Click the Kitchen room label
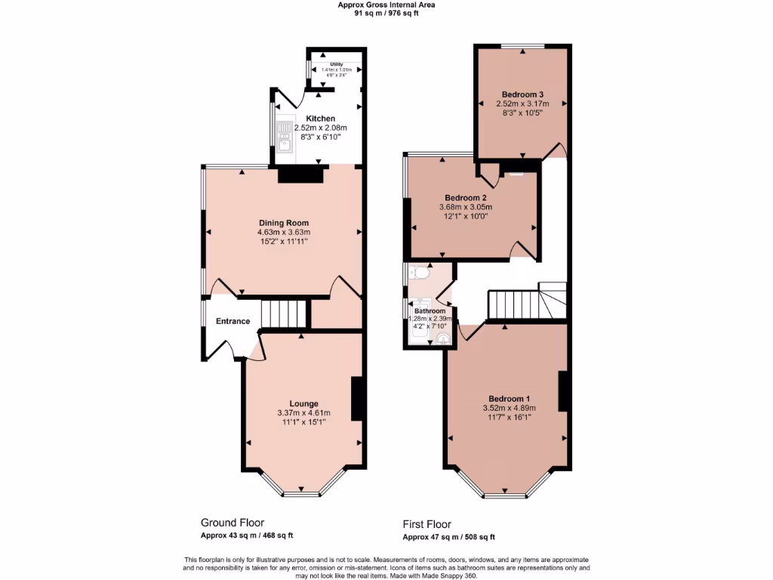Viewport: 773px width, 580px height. (x=320, y=119)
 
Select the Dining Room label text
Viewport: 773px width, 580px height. (x=283, y=223)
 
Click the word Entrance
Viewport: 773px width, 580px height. (x=233, y=322)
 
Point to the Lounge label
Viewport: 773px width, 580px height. (x=303, y=403)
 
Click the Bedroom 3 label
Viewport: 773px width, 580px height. (x=522, y=94)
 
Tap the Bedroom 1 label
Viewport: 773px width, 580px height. (x=509, y=399)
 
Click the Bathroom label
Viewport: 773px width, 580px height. (x=430, y=310)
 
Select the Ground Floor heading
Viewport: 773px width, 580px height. (x=232, y=523)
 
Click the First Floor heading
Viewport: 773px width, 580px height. (x=427, y=524)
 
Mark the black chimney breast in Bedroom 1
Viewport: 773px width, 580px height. (x=562, y=391)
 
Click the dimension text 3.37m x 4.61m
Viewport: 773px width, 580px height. (x=303, y=413)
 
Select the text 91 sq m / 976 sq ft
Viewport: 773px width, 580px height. (x=386, y=13)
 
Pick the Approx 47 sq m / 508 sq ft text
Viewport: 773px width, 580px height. (x=448, y=537)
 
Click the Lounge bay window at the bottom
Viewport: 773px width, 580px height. (x=302, y=495)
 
